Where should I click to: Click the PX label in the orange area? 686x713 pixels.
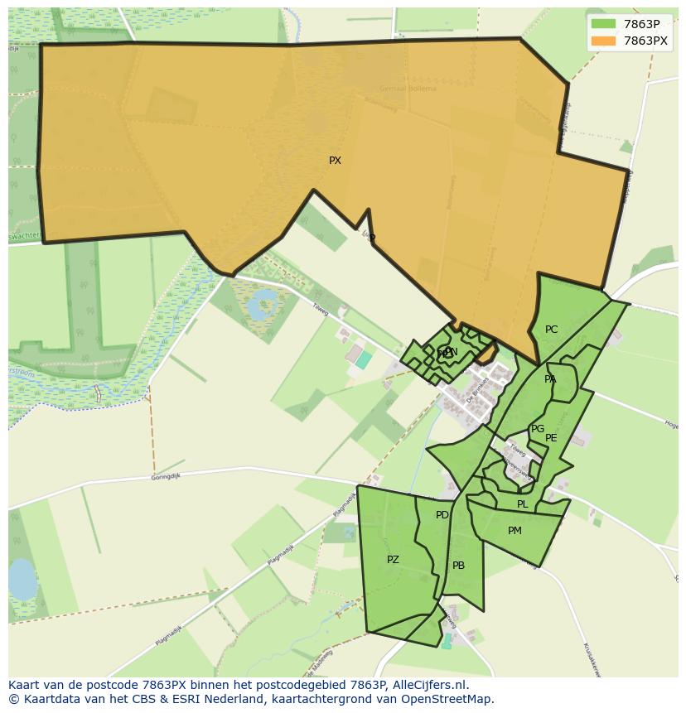335,161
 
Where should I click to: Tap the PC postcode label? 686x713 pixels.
551,330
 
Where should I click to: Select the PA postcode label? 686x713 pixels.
550,379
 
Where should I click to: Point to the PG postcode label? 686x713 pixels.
538,429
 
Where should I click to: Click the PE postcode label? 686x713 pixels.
551,438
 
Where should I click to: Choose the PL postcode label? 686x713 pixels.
522,504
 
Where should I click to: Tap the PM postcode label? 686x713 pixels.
514,531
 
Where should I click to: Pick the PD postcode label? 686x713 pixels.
442,515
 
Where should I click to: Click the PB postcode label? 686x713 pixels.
458,566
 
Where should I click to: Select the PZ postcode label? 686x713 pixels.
393,560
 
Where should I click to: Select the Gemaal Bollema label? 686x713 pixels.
408,88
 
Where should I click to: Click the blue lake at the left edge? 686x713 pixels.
22,579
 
